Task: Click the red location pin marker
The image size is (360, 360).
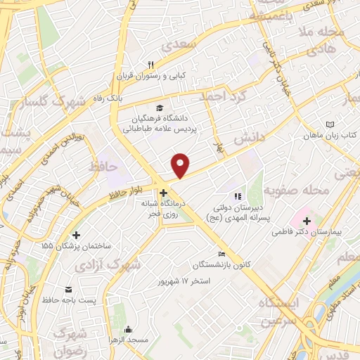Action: [181, 165]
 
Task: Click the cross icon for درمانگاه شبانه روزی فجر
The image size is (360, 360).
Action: [162, 193]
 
